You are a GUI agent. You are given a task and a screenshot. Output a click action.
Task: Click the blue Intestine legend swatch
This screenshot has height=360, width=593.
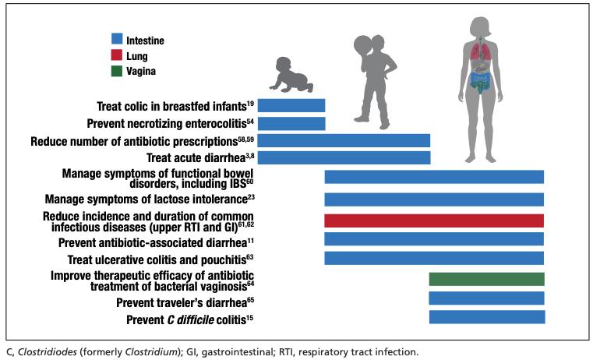(116, 38)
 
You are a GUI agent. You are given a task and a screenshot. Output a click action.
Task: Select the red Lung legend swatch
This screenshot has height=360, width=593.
(116, 56)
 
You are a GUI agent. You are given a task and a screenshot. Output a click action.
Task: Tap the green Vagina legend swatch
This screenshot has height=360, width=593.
(116, 71)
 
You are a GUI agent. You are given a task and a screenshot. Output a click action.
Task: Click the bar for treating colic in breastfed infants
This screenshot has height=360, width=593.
(291, 105)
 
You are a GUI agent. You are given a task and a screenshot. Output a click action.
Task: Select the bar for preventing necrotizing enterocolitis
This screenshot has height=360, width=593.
(291, 123)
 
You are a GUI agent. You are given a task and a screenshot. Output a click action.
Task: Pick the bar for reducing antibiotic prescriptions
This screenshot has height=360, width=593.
(344, 140)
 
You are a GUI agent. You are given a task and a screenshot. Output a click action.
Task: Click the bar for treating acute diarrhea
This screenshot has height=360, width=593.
(344, 157)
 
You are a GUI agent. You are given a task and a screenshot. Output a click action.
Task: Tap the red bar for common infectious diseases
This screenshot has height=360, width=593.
(434, 220)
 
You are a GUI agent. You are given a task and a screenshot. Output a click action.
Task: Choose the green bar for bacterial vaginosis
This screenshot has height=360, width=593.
(486, 280)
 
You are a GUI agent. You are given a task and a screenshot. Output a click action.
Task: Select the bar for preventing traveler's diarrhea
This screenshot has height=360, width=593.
(486, 298)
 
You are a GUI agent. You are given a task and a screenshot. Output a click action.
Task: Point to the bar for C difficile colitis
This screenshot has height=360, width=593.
(486, 316)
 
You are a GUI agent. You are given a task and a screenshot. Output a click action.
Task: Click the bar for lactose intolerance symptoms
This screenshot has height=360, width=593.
(434, 199)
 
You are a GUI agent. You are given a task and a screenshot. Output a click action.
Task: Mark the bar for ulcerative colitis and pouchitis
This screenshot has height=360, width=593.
(434, 258)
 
